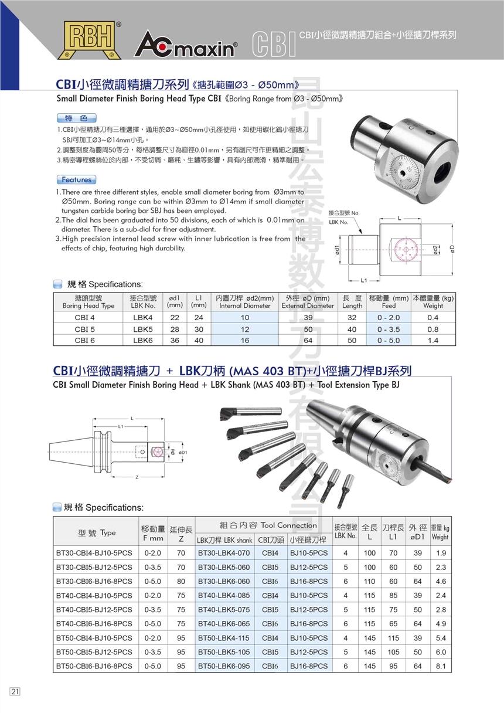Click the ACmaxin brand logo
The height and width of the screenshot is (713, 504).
point(186,47)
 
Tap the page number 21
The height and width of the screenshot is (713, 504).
point(15,691)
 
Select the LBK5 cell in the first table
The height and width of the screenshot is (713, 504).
point(143,329)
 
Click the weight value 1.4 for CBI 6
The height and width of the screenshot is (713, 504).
point(433,340)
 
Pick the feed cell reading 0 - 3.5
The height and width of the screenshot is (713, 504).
point(388,329)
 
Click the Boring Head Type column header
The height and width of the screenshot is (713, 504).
point(88,302)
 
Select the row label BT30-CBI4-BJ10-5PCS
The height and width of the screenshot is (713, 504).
point(94,553)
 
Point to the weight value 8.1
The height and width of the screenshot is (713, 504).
point(441,666)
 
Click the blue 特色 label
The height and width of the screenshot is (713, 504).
point(76,118)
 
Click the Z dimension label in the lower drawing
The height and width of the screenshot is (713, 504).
point(136,477)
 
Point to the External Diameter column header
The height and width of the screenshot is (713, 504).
point(308,302)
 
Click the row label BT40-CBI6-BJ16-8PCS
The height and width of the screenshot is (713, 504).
point(94,624)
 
